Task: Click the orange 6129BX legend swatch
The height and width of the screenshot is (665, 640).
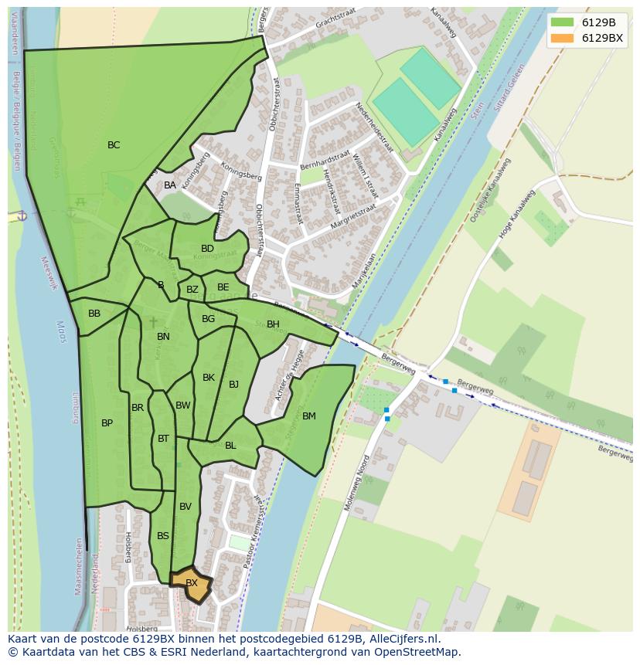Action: [563, 38]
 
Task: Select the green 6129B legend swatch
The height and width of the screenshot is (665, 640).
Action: [563, 22]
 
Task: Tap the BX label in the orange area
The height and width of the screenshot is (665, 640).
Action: [192, 583]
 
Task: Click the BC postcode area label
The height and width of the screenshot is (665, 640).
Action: [114, 145]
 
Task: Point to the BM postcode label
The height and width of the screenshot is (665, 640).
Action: [309, 416]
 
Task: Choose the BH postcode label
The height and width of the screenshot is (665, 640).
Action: [273, 324]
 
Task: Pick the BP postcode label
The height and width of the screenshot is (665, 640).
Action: [107, 423]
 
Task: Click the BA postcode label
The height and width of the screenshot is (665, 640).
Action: [170, 185]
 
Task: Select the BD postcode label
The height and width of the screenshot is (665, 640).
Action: [207, 249]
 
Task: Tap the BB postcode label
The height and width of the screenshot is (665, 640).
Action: [94, 314]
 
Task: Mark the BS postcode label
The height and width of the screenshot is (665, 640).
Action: [163, 536]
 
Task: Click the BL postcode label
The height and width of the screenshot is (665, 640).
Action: [230, 446]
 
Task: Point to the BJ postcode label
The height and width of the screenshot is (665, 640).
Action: [233, 385]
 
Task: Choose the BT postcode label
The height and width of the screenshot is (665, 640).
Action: [163, 439]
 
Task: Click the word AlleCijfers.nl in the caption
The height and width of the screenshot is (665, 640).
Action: [402, 639]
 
